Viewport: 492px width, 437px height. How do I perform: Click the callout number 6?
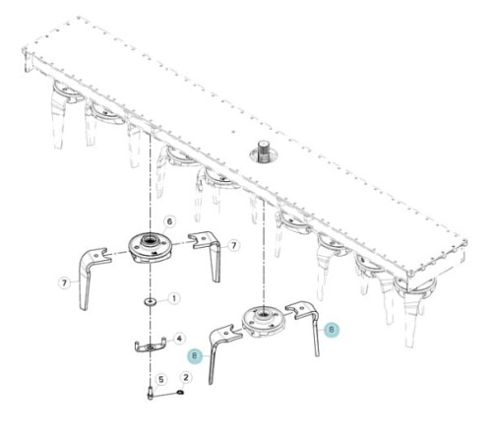[169, 221]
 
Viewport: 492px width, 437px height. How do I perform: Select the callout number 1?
[174, 298]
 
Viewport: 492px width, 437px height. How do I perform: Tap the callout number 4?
[179, 339]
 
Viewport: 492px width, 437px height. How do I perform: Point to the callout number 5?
[161, 380]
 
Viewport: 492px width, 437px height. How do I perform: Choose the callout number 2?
[186, 377]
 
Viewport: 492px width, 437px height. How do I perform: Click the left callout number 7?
[64, 282]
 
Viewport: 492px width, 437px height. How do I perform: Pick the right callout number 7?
[233, 245]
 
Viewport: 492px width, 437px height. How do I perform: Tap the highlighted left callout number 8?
[195, 355]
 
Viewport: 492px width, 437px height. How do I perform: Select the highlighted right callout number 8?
[332, 329]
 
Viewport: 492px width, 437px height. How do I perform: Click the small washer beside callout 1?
[151, 301]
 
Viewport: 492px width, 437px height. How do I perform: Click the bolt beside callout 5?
[151, 393]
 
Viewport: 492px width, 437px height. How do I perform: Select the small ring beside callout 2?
[180, 392]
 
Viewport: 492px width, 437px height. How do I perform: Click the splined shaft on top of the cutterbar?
[263, 153]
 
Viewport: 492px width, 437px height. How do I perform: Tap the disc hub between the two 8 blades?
[263, 322]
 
